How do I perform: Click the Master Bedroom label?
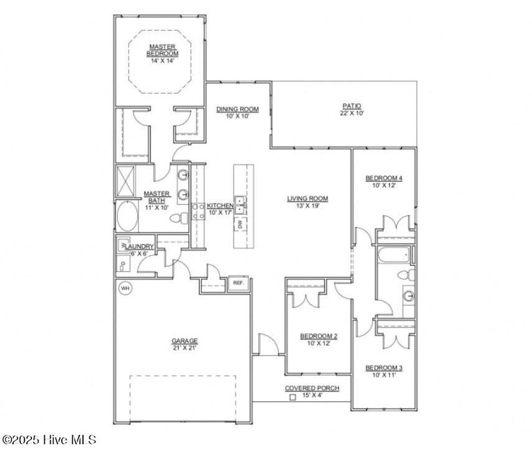click(162, 50)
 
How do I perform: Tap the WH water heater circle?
click(125, 288)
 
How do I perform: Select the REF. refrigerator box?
click(238, 283)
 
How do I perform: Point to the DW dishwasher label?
click(240, 225)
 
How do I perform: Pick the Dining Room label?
click(237, 109)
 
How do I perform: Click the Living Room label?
click(308, 198)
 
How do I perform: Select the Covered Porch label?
click(312, 388)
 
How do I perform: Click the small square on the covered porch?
click(292, 397)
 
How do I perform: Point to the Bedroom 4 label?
click(384, 178)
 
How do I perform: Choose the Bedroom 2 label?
click(319, 336)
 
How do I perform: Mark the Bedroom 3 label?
click(384, 367)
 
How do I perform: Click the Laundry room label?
click(137, 246)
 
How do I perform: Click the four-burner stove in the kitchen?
click(198, 211)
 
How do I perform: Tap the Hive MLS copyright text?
click(49, 440)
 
